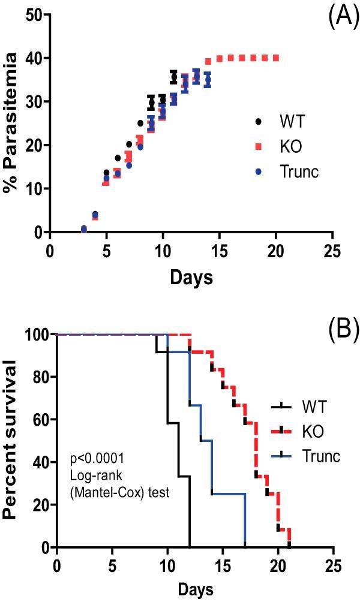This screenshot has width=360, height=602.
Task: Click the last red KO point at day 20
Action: click(x=276, y=58)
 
